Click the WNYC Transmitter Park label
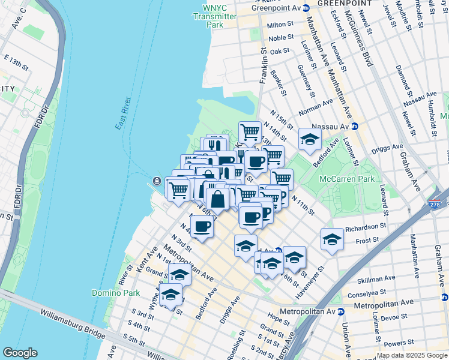point(215,17)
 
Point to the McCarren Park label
point(348,179)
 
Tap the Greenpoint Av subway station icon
point(306,8)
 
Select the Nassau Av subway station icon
point(354,126)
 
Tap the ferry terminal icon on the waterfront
point(156,181)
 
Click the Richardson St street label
point(365,227)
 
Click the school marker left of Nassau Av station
point(309,140)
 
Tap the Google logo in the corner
point(19,353)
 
